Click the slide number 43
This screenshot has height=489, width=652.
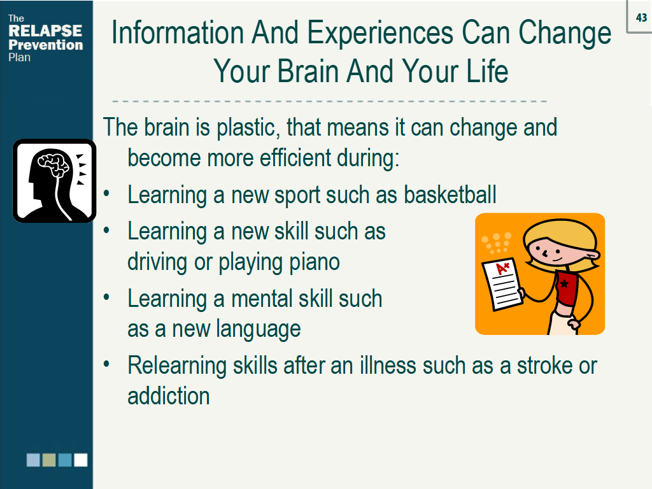coord(641,18)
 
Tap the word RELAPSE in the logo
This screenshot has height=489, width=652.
coord(45,31)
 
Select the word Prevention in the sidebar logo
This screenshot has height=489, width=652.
coord(46,45)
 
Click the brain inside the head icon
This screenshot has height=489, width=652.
coord(53,163)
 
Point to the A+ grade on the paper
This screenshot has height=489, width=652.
coord(502,268)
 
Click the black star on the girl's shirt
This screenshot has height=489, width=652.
coord(564,284)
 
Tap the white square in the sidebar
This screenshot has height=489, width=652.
coord(81,460)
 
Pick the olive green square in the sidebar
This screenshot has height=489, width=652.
coord(49,460)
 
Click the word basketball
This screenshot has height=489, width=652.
coord(450,195)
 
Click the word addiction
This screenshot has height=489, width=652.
coord(168,396)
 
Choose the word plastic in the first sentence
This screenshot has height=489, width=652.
coord(246,127)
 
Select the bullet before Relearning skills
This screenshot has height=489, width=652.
coord(106,364)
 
